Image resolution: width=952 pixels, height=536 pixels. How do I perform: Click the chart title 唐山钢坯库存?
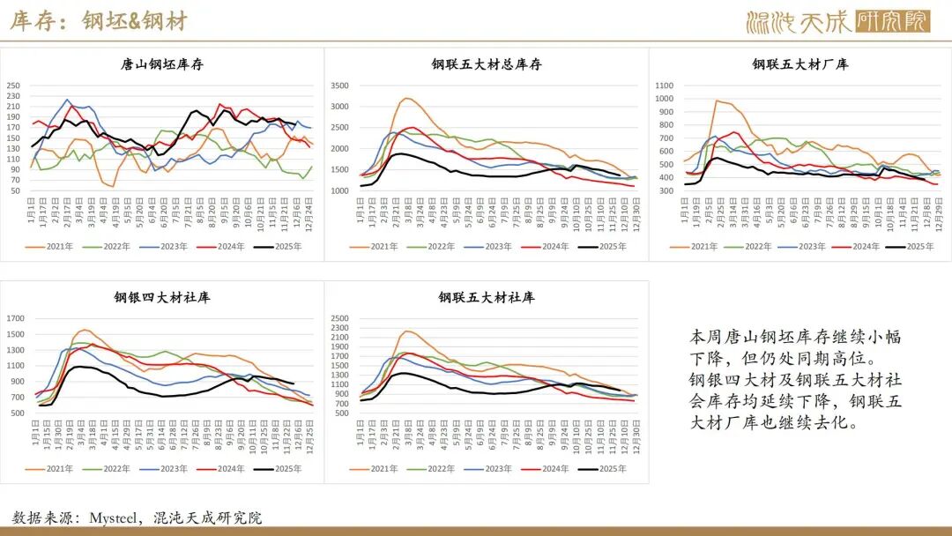tap(162, 64)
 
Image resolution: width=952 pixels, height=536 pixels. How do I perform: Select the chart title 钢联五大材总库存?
tap(487, 64)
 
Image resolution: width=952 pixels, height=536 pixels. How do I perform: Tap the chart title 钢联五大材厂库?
tap(800, 64)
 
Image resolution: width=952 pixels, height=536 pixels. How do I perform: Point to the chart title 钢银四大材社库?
tap(162, 298)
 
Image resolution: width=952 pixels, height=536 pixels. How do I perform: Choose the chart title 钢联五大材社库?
tap(487, 298)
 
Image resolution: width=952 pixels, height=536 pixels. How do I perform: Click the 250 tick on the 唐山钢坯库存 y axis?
tap(13, 86)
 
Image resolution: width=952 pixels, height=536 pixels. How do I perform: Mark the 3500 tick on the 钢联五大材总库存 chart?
tap(339, 86)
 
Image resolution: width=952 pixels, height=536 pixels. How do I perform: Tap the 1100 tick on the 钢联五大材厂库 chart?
tap(665, 86)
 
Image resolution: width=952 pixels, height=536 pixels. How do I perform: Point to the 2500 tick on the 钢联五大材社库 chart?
tap(339, 318)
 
